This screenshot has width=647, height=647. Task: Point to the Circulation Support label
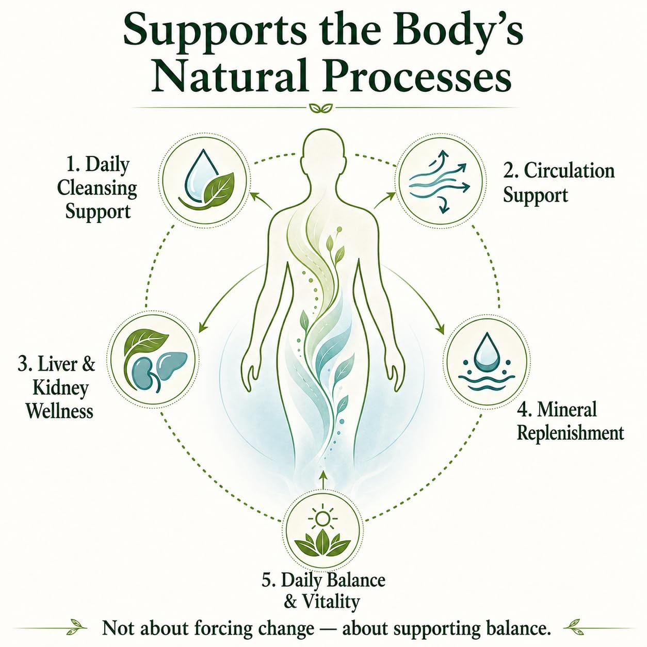559,183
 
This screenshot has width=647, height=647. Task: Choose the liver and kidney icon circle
154,357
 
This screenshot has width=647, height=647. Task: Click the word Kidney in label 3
61,389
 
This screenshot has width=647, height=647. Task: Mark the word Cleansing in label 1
98,188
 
